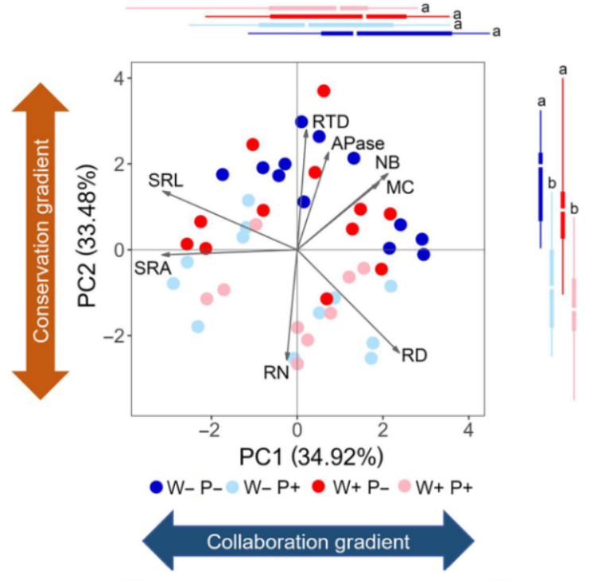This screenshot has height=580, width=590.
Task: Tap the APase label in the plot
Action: pos(358,143)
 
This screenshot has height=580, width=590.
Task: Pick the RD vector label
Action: pos(415,355)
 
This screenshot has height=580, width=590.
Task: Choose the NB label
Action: pos(387,162)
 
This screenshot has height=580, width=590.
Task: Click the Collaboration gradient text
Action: pos(308,543)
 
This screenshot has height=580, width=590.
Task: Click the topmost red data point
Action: pos(324,91)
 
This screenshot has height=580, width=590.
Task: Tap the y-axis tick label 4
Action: pos(116,78)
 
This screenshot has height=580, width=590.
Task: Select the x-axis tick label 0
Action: pos(297,430)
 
